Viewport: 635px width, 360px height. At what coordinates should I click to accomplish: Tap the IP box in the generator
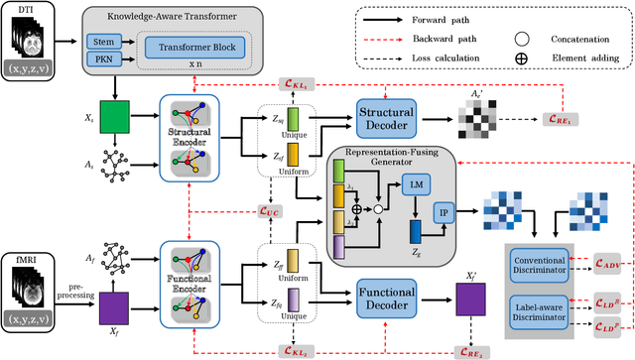pos(442,211)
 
